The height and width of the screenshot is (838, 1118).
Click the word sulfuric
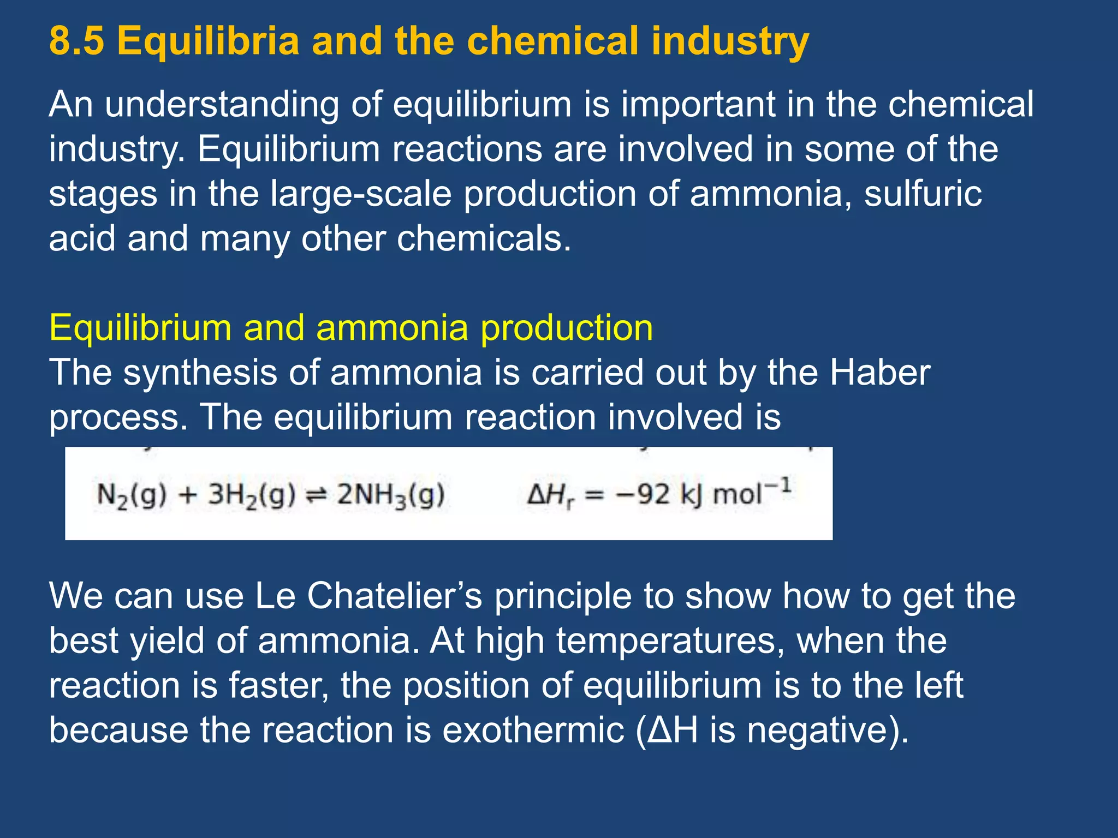coord(923,194)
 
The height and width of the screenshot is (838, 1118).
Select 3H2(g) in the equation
coord(252,495)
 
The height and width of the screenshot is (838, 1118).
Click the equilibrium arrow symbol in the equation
coord(316,495)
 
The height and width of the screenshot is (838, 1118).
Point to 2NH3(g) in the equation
coord(390,495)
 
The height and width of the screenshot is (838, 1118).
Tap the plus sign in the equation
coord(187,495)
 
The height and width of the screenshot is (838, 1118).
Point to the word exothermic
coord(533,730)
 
